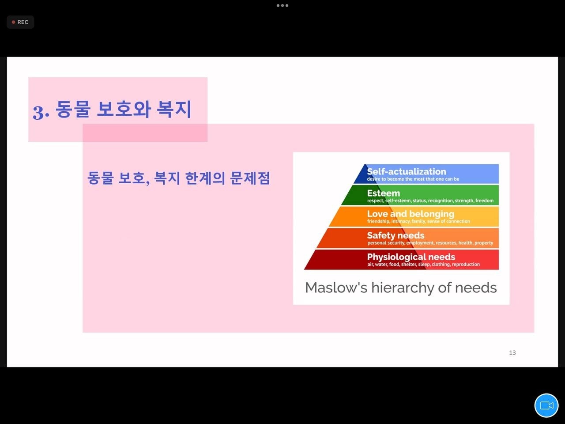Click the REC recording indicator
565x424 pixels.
point(20,22)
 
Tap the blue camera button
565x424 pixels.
point(546,405)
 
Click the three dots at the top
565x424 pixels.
point(282,5)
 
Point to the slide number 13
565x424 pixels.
point(512,352)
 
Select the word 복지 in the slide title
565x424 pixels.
point(174,109)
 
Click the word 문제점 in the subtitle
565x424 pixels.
point(250,178)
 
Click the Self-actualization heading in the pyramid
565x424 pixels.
point(407,171)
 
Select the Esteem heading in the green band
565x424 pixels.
point(384,193)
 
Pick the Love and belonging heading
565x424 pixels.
point(411,214)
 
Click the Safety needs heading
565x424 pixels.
point(395,235)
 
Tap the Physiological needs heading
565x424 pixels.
point(411,257)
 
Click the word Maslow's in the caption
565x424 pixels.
point(336,288)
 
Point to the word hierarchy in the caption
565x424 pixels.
point(403,288)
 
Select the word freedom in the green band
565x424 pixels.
point(484,201)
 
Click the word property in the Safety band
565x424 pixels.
point(484,243)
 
